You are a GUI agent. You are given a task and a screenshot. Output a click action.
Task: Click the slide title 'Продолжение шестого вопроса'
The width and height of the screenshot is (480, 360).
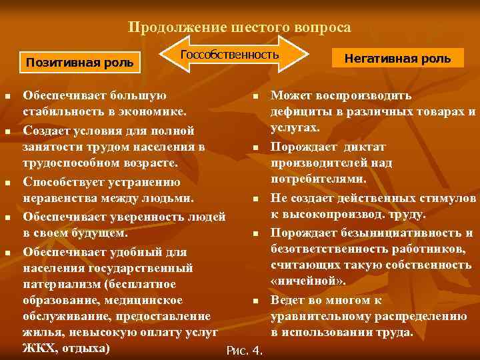click(239, 27)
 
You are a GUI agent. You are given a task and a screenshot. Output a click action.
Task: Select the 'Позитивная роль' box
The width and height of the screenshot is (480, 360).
click(79, 62)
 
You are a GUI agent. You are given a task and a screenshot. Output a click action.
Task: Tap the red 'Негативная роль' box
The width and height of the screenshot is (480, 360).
click(397, 59)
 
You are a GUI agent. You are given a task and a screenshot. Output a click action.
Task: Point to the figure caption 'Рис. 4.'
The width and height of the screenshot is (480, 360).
click(245, 351)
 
